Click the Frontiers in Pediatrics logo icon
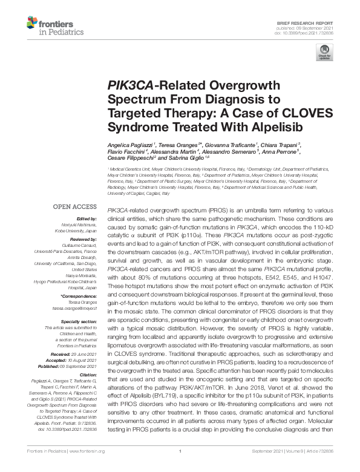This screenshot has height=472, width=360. pyautogui.click(x=31, y=24)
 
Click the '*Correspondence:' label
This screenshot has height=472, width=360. pyautogui.click(x=78, y=296)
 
